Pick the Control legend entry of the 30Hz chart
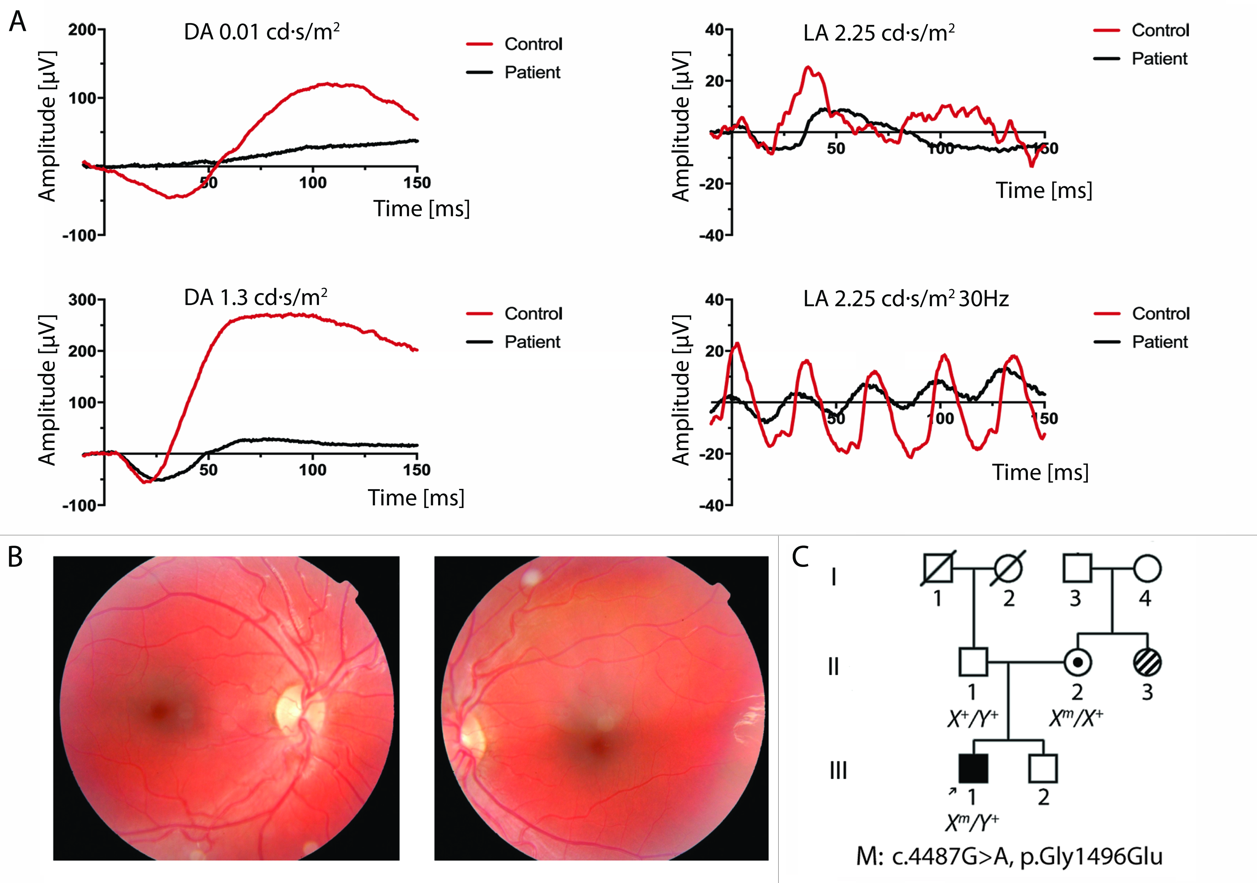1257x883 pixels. click(1160, 314)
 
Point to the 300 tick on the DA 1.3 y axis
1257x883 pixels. click(82, 300)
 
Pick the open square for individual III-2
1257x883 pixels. click(1043, 769)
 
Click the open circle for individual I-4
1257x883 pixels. click(1147, 568)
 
